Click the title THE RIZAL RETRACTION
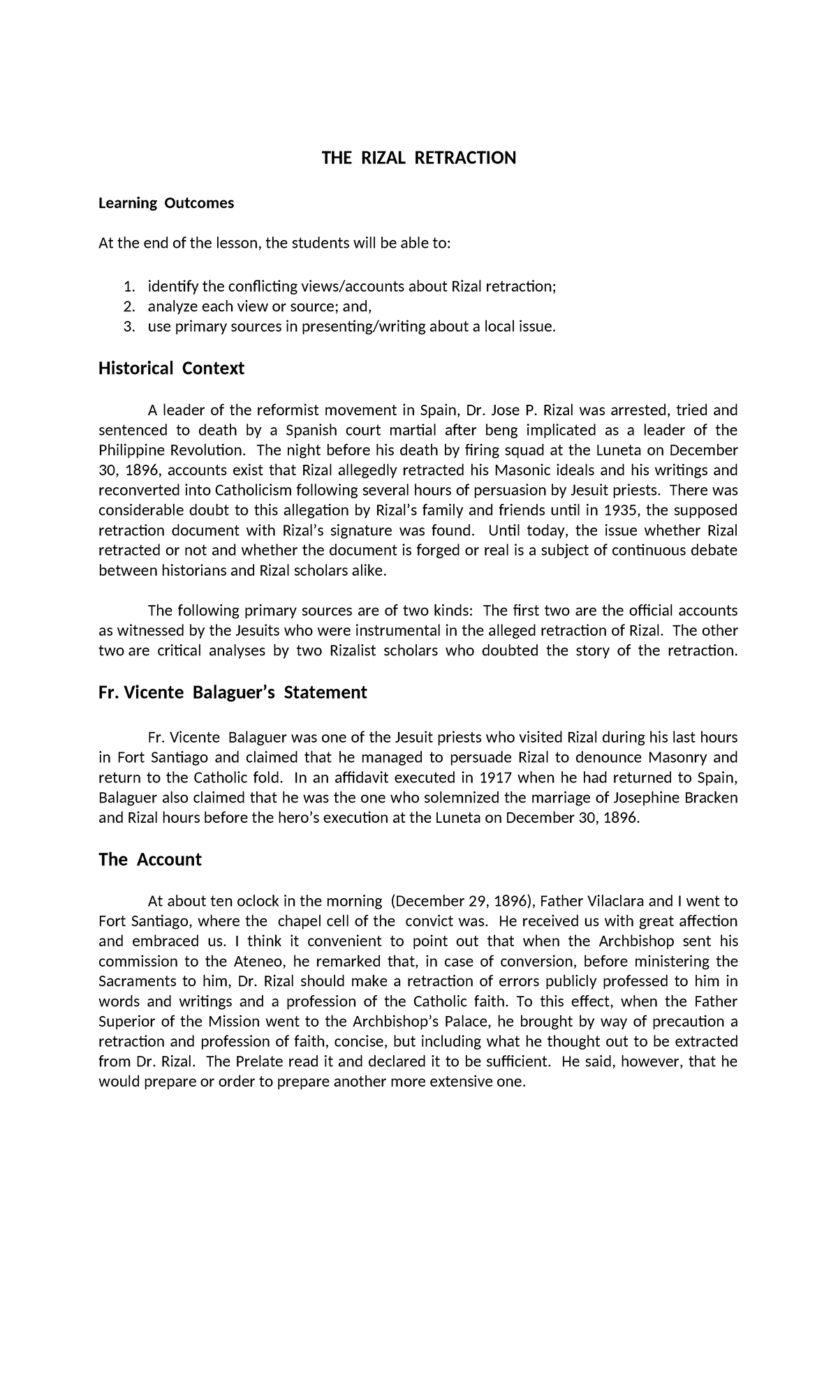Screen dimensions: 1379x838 (x=418, y=158)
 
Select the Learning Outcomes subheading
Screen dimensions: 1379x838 (x=166, y=203)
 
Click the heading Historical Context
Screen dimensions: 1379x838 (x=171, y=368)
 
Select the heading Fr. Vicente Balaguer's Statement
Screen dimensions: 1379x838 (x=233, y=693)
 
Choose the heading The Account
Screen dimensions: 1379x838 (x=150, y=860)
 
